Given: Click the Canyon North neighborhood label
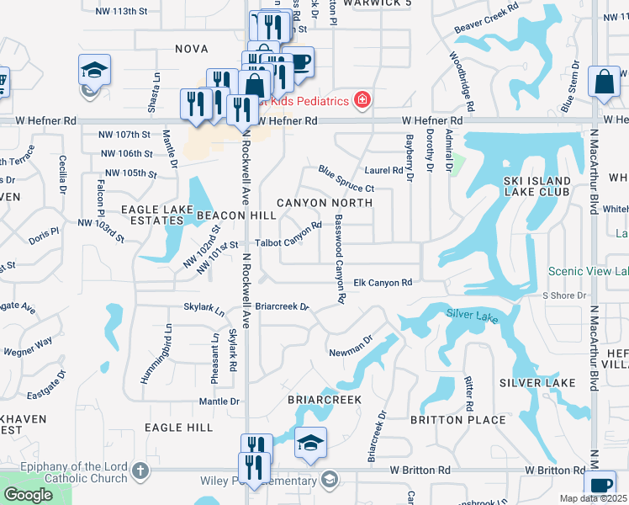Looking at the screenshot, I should pos(324,203).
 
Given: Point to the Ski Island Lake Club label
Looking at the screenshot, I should pos(537,186).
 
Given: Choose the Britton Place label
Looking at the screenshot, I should pos(448,419).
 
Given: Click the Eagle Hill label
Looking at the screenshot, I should pos(178,428).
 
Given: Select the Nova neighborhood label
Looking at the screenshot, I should pos(191,49).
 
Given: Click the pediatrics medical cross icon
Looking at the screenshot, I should pos(362,101).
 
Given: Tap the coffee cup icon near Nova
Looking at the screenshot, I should pos(299,61).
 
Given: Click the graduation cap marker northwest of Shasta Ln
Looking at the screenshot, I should pos(94,69).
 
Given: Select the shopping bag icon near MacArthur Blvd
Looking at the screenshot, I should pos(604,82).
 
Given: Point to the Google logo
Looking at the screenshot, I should pos(29,494).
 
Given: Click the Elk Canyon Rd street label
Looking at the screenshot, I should pos(383,283).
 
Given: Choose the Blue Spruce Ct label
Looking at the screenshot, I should pos(346,179).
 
